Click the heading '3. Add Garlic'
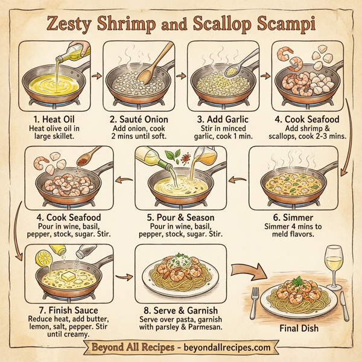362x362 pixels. (221, 119)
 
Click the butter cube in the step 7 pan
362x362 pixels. (66, 276)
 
